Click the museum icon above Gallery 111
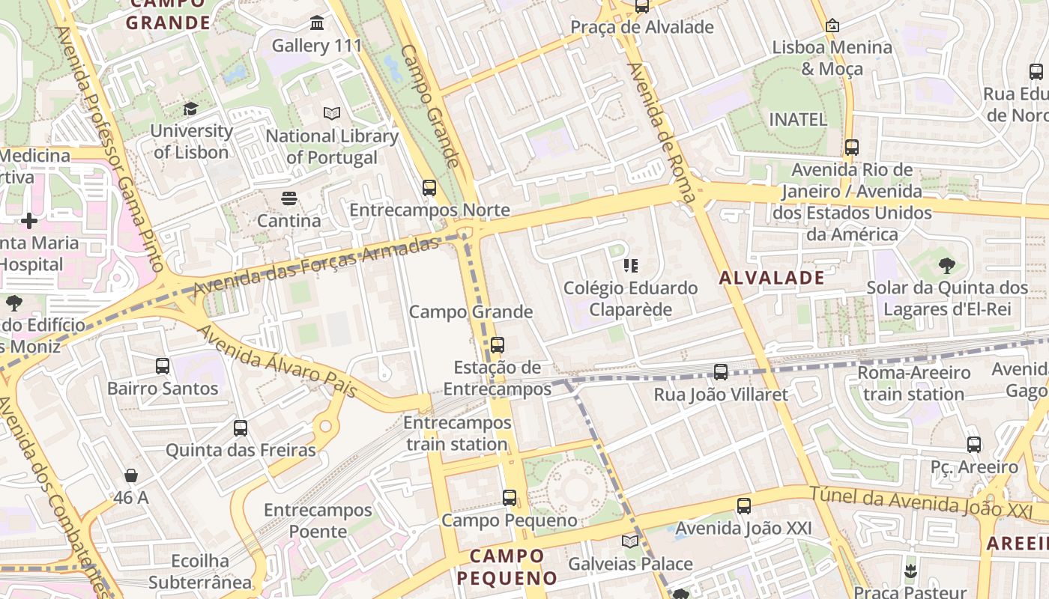point(317,23)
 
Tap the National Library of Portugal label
point(332,147)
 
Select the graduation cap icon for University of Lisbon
point(190,109)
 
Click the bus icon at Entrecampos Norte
point(429,187)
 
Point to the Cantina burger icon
point(289,198)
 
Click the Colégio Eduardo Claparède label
point(630,299)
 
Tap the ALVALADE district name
point(772,278)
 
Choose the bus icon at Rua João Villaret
point(721,371)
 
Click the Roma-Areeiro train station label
point(913,383)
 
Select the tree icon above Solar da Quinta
point(947,265)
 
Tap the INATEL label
point(798,119)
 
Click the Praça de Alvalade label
point(642,28)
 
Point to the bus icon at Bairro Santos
point(163,366)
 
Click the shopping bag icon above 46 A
point(131,475)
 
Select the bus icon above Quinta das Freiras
point(241,428)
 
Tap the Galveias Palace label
point(630,564)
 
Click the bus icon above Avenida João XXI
point(743,506)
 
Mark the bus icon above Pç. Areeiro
point(974,445)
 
